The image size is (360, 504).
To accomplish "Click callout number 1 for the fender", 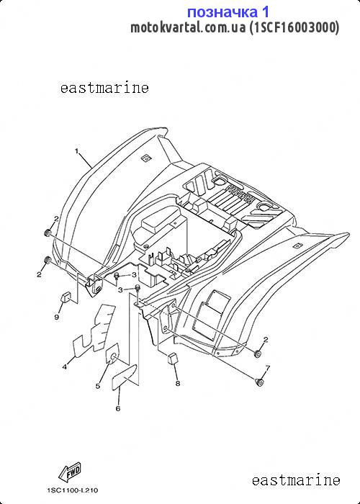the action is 77,151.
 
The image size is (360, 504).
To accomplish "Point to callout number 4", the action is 65,366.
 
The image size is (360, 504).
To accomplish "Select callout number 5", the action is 98,386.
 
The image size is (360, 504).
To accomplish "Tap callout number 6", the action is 118,408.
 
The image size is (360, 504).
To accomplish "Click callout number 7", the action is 267,368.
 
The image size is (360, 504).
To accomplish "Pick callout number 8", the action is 177,384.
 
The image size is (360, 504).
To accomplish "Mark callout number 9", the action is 57,318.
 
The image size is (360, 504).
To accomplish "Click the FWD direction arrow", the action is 69,472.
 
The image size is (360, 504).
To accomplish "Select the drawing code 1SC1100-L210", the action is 73,490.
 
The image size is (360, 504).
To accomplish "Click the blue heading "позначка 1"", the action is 228,12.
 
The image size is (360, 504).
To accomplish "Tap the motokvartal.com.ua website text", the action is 188,27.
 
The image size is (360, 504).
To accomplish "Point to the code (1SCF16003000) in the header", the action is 294,27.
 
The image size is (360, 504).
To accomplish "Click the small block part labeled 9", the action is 66,297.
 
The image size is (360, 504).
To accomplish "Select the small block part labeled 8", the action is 173,358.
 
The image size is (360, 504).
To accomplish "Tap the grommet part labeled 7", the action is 260,382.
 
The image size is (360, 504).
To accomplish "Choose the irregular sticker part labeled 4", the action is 94,330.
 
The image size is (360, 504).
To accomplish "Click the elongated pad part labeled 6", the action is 124,377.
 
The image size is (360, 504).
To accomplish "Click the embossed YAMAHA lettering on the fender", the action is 239,192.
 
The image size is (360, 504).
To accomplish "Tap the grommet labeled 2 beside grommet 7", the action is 258,354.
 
